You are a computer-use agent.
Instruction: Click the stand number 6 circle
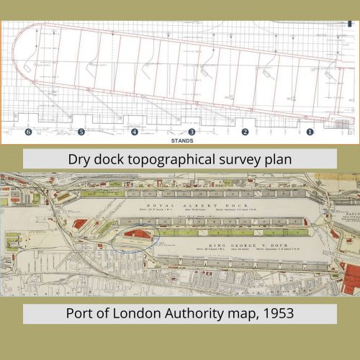pos(28,132)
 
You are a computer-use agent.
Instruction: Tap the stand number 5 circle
pos(81,132)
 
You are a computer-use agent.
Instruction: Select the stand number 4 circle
pos(135,132)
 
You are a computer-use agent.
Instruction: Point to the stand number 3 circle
pos(192,132)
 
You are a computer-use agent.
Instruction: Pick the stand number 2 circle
pos(245,132)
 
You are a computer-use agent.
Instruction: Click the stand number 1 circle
pos(310,132)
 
